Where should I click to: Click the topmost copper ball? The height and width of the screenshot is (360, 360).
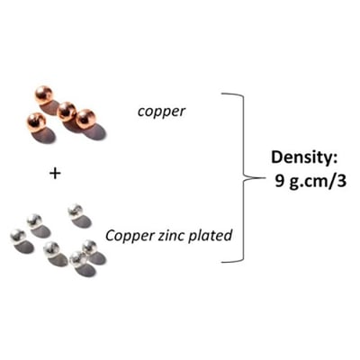coord(44,95)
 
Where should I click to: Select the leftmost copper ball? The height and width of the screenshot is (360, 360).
coord(37,122)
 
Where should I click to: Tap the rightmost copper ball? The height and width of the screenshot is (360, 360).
coord(85,119)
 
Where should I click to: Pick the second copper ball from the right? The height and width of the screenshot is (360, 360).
coord(67,112)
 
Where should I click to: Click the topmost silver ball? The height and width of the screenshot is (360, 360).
coord(76,211)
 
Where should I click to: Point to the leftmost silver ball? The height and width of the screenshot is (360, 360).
coord(18,237)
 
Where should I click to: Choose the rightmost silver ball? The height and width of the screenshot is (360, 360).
coord(89,247)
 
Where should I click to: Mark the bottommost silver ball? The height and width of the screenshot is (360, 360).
coord(77,259)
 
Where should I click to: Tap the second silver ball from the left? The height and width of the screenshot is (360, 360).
coord(34,221)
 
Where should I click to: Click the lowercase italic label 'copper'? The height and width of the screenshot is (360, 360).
coord(161,112)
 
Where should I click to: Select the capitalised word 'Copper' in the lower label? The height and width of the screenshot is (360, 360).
coord(130,236)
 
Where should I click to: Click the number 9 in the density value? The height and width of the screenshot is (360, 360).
coord(280,181)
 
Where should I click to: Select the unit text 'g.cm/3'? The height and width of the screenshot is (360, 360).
coord(318,182)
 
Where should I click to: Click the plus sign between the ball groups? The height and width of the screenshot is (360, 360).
coord(55,174)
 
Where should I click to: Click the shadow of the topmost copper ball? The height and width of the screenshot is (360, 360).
coord(50,108)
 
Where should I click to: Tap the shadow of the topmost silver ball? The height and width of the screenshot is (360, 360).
coord(82,222)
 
